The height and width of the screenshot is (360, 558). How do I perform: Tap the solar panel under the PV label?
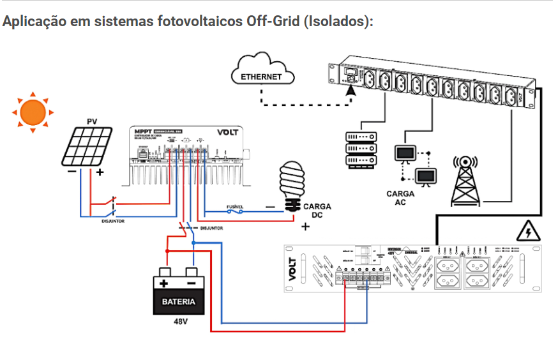point(87,147)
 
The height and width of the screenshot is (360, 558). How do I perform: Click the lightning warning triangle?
point(527,231)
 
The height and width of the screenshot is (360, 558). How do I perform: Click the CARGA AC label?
point(400,198)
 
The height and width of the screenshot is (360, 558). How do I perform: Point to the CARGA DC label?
point(317,211)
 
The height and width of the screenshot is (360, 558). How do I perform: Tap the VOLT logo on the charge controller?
point(228,133)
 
